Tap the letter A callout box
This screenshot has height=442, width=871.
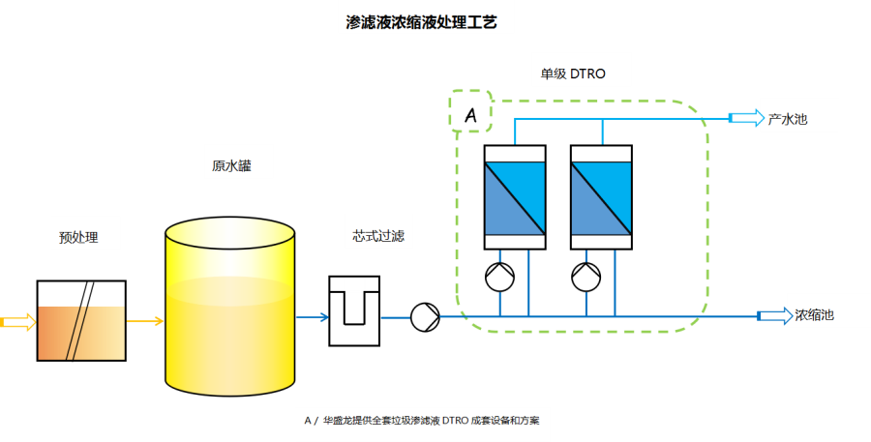471,112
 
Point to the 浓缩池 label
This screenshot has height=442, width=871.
814,315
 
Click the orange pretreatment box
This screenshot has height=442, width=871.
81,332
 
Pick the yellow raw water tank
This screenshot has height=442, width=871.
229,309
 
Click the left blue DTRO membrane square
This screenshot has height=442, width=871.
515,198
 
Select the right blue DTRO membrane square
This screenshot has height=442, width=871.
601,198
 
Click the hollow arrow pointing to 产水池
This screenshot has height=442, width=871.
744,118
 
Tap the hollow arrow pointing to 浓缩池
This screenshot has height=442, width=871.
772,315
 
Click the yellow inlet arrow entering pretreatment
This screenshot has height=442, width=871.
17,322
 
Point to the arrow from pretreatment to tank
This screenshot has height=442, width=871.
144,322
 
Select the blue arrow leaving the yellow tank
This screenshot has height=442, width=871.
312,316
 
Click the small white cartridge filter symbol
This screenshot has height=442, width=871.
354,284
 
